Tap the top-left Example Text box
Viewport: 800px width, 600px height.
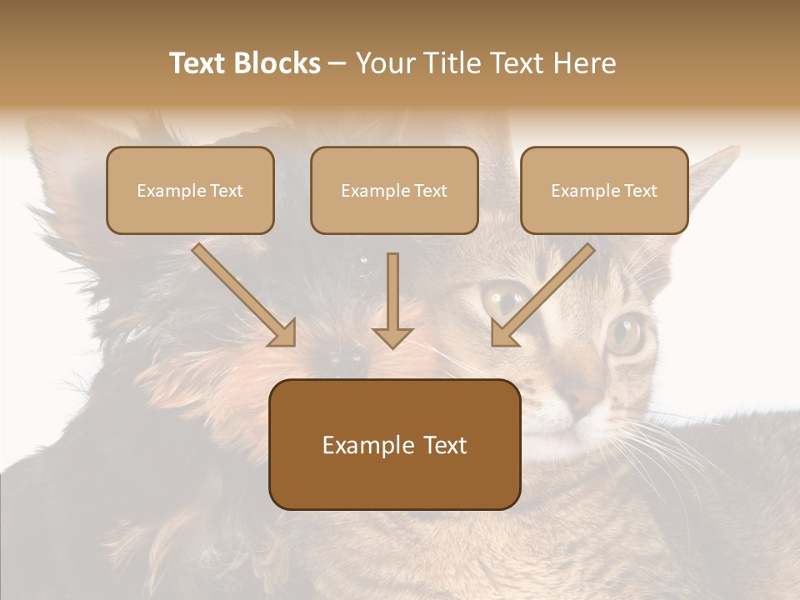click(x=190, y=190)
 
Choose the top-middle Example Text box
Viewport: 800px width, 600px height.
click(x=394, y=190)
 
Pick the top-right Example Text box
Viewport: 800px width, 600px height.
click(x=604, y=190)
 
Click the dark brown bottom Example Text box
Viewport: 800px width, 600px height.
click(x=394, y=444)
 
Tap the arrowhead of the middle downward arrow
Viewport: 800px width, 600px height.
click(x=392, y=337)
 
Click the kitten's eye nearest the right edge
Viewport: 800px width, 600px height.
click(x=625, y=333)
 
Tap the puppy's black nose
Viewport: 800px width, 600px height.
click(x=347, y=358)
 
